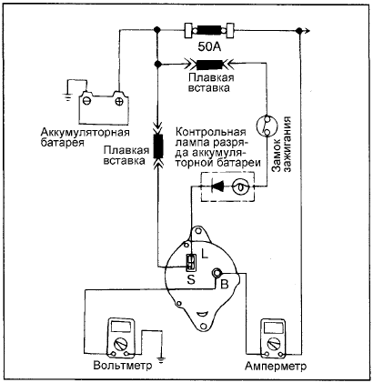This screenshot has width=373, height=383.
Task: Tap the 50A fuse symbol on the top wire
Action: pos(209,30)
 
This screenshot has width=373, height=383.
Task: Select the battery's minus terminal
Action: pos(87,101)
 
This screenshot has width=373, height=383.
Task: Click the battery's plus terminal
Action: pos(119,101)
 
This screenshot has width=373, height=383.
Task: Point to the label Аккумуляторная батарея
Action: pos(86,137)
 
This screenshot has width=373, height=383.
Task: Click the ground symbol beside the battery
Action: pos(67,97)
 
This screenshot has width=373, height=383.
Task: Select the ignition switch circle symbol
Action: pos(266,125)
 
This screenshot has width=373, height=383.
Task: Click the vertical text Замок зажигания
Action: pos(281,144)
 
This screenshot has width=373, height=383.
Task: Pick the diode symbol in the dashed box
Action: pos(217,186)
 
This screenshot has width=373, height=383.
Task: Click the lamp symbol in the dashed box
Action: pos(241,187)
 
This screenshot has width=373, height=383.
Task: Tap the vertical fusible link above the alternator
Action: pos(158,146)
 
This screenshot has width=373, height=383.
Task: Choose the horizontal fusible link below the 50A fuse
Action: pos(209,65)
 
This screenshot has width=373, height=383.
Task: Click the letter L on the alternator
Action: pos(205,254)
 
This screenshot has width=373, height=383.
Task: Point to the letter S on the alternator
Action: pos(191,280)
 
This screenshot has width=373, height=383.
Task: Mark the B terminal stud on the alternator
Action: pos(217,274)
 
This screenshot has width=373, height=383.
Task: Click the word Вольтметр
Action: pos(123,365)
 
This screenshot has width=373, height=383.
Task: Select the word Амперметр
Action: pos(276,366)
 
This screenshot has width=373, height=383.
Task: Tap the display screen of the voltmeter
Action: pos(121,327)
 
